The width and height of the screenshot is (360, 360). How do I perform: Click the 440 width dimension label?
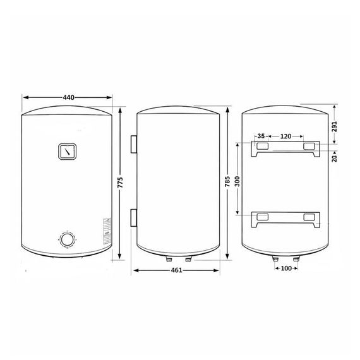click(68, 97)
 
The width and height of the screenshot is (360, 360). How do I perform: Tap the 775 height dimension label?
click(120, 183)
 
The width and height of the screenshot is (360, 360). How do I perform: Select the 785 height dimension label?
click(227, 181)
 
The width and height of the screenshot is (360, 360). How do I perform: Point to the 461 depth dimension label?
click(176, 270)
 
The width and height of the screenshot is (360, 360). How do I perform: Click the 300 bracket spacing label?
click(237, 181)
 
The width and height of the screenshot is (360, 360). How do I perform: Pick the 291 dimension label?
click(335, 126)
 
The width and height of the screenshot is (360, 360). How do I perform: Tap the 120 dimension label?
click(285, 136)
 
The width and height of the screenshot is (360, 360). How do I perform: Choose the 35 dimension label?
click(261, 136)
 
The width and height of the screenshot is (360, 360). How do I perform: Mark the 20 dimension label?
click(335, 158)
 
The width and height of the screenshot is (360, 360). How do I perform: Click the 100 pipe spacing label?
click(286, 268)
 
